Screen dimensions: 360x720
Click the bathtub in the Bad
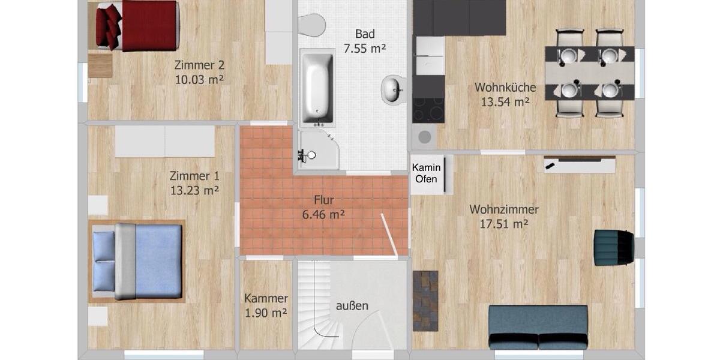click(317, 89)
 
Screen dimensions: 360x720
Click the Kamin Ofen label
click(427, 173)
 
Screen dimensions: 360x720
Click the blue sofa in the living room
click(538, 327)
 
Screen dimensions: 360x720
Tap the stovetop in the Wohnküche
click(428, 110)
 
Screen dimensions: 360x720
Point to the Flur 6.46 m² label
click(323, 207)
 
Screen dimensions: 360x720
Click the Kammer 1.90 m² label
click(266, 305)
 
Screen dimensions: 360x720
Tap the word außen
click(352, 306)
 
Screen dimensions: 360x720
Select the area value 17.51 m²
click(504, 224)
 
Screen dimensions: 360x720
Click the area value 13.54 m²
click(505, 102)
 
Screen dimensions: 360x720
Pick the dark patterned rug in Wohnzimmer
click(425, 300)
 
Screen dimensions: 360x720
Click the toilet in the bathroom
click(312, 24)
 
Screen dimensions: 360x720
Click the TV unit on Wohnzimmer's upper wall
click(580, 164)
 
